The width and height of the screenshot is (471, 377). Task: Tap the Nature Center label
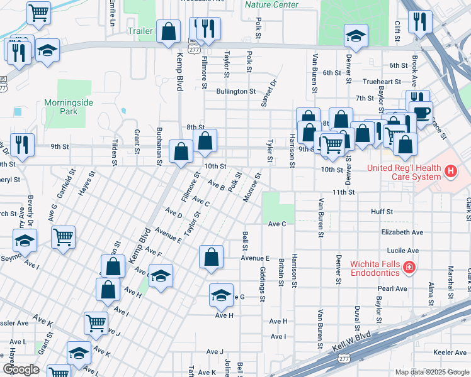click(x=271, y=4)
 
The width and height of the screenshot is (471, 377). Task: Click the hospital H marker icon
click(x=450, y=170)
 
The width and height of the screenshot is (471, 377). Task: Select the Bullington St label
click(x=235, y=91)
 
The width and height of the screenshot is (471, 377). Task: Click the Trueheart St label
click(x=382, y=82)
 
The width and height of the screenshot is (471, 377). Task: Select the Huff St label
click(x=382, y=212)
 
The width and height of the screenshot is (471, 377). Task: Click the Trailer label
click(x=140, y=30)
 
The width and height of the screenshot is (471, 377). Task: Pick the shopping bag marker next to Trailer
click(x=169, y=31)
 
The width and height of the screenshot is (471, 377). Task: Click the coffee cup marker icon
click(x=421, y=112)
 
